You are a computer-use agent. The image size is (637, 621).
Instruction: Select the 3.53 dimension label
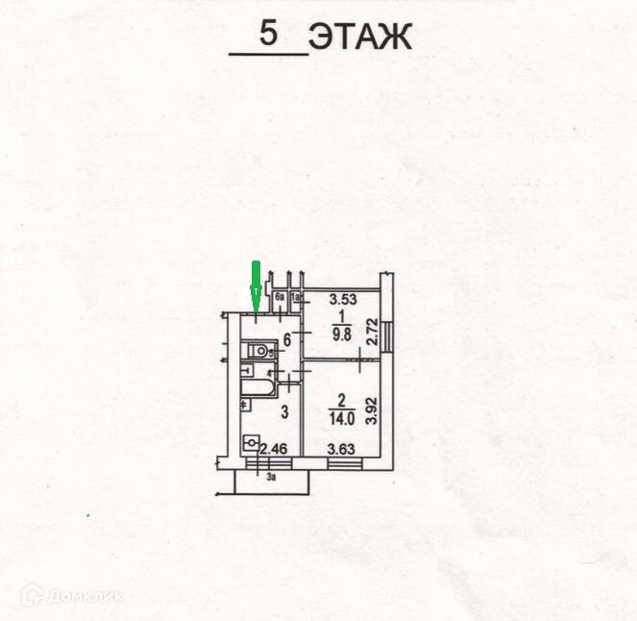(x=343, y=299)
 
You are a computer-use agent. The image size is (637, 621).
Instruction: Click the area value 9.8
(x=341, y=335)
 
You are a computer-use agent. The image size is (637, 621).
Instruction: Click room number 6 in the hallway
(x=285, y=337)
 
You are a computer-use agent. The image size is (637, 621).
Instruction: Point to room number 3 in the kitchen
(x=284, y=412)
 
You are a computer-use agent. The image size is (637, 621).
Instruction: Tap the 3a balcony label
(x=272, y=474)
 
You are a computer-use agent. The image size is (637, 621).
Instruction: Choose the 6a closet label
(x=279, y=299)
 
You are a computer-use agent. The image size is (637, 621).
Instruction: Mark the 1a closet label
(x=297, y=299)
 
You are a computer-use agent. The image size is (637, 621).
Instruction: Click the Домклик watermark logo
(x=72, y=596)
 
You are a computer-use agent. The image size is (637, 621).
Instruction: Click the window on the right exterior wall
(x=386, y=337)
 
